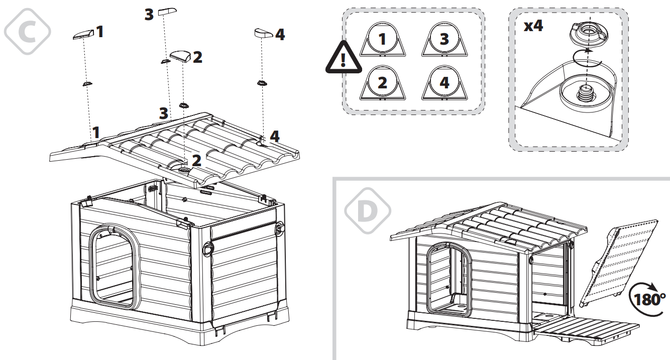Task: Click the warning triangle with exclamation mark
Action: tap(344, 60)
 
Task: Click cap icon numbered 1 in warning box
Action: tap(383, 40)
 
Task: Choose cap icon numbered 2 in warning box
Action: tap(383, 83)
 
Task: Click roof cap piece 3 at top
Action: tap(167, 12)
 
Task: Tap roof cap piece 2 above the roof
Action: tap(180, 56)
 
